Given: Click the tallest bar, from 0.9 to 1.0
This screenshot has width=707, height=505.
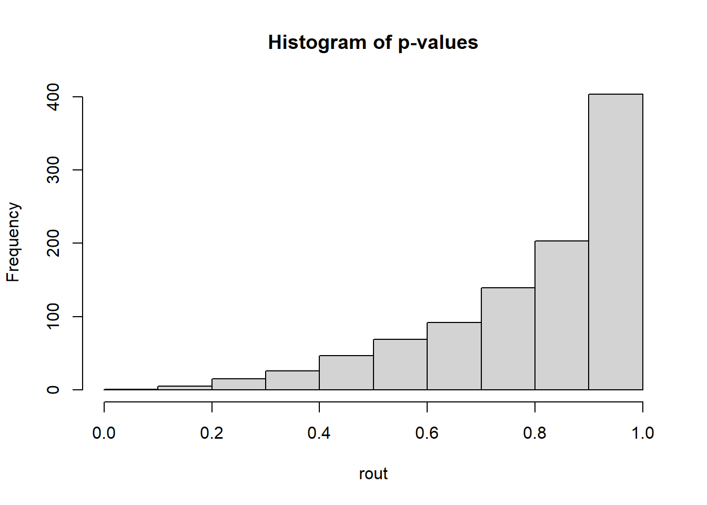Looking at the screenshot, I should tap(615, 242).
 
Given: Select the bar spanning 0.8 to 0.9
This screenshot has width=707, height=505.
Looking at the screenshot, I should tap(561, 315).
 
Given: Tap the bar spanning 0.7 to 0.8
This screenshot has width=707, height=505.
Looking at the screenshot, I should tap(508, 339).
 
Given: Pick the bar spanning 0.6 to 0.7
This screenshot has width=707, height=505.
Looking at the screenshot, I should tap(453, 356).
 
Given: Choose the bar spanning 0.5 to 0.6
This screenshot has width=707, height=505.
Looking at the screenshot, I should tap(400, 365).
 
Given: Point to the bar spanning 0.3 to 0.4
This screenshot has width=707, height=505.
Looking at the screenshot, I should tap(292, 380).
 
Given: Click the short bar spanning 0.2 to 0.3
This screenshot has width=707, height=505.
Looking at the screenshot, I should tap(238, 384).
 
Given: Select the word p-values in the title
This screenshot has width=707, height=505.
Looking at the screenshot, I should tap(438, 42).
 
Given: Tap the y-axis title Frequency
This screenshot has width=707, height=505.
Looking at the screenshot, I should tap(13, 242).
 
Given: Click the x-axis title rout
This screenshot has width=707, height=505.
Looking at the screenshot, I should tap(373, 473).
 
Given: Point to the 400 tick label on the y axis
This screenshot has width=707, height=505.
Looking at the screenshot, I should tap(53, 97).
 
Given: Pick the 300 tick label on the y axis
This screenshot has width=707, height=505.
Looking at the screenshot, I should tap(53, 170).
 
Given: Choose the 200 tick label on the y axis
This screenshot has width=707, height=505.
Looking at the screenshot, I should tap(53, 243).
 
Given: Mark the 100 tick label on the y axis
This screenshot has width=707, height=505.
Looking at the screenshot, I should tap(53, 317).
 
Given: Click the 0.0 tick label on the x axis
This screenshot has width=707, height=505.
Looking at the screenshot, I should tap(104, 433).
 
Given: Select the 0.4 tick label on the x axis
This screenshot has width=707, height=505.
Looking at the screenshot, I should tap(319, 433).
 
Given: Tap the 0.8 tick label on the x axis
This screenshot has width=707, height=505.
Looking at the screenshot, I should tap(534, 433).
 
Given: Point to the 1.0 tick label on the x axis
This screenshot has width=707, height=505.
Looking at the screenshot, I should tap(642, 433).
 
